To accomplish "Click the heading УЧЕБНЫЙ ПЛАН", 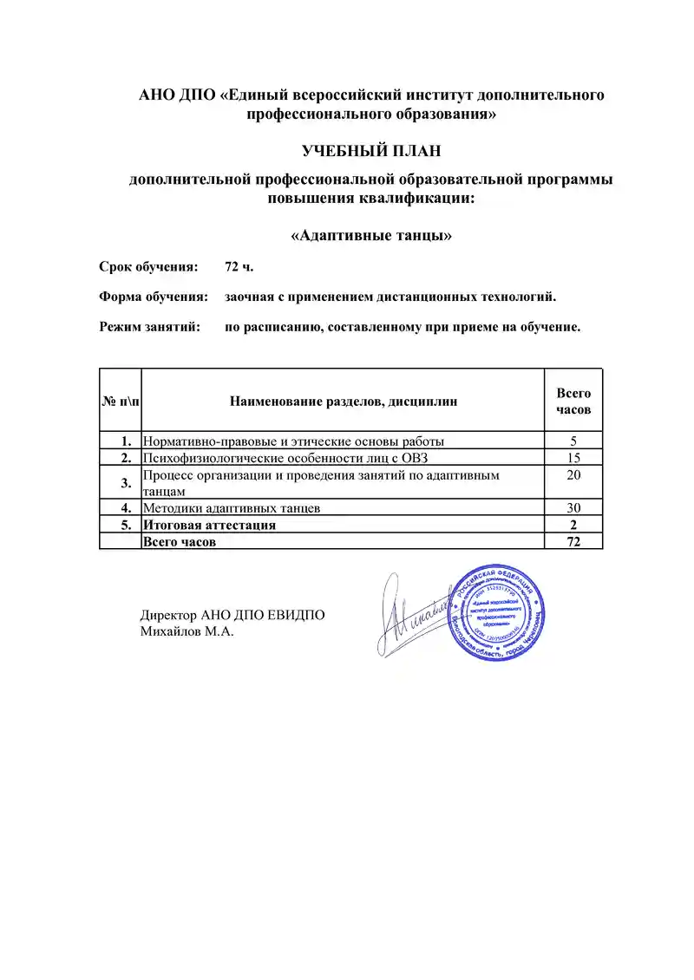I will [371, 152].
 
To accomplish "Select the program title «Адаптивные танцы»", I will [371, 235].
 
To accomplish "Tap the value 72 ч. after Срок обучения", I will [239, 266].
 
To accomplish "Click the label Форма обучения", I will [154, 297].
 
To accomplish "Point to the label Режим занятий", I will [150, 328].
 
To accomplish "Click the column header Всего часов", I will [573, 401].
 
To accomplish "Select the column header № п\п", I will [121, 401].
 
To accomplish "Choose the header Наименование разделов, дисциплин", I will [343, 401].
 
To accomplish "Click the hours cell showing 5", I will [573, 440].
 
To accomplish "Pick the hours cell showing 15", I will [573, 457].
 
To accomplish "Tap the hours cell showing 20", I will [573, 475].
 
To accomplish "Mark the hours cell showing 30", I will [573, 508].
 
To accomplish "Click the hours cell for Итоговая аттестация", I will [573, 525].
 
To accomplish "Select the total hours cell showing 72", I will [573, 542].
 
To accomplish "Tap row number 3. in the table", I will [127, 482].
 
